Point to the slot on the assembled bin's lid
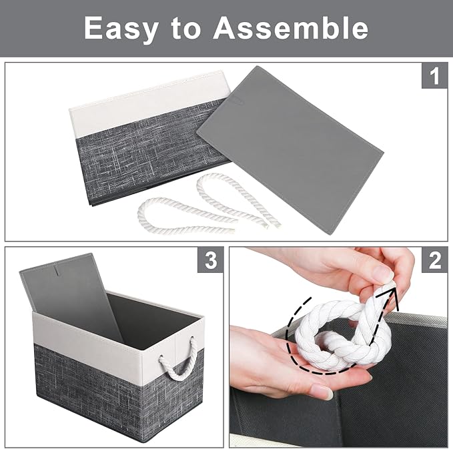click(58, 272)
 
